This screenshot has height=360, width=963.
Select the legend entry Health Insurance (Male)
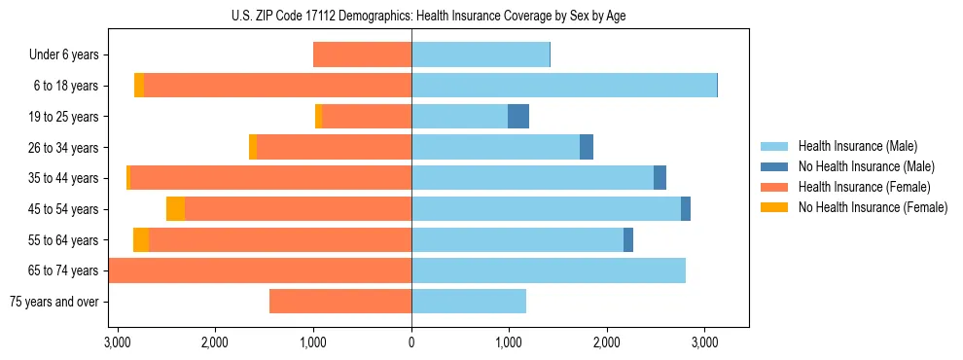pos(856,146)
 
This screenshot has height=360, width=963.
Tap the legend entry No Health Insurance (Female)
pos(872,207)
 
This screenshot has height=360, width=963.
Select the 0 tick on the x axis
pos(411,342)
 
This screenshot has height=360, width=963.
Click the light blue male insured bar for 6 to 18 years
pos(564,86)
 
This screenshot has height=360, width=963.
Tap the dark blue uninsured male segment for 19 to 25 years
pos(518,117)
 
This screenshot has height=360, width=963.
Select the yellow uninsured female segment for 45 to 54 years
pos(175,209)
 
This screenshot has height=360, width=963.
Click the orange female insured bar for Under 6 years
pos(362,54)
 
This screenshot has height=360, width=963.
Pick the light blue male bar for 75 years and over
pos(469,302)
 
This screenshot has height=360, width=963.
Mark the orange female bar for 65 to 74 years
pos(260,270)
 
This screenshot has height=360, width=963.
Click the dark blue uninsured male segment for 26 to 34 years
pos(587,147)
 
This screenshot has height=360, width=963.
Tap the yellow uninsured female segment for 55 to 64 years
pos(141,240)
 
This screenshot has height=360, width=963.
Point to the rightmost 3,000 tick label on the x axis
pos(704,342)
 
